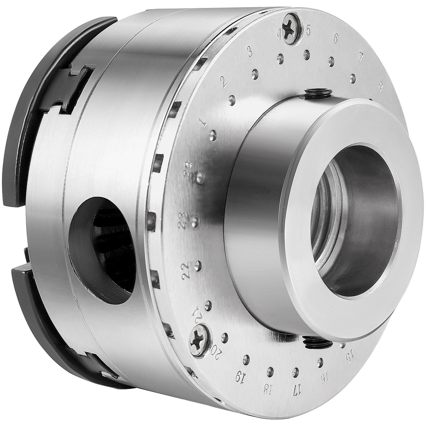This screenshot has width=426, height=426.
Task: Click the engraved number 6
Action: pos(335,39)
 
